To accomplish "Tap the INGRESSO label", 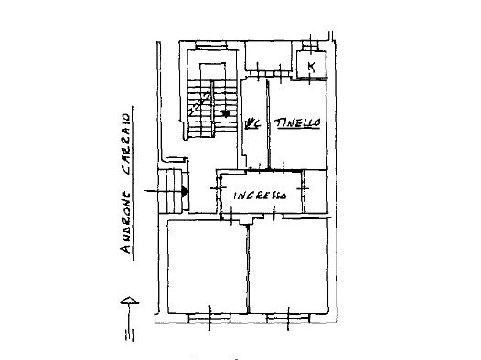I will (260, 196).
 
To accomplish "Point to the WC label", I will (252, 122).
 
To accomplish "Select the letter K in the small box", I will (311, 67).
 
